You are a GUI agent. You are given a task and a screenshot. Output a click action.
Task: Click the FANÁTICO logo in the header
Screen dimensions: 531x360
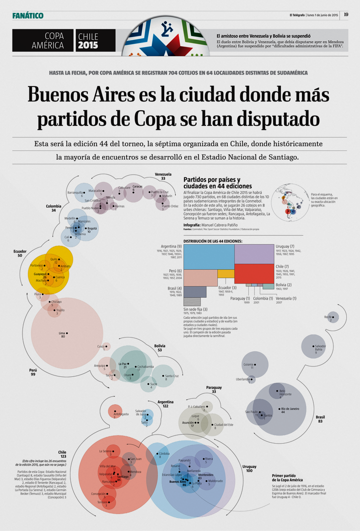pos(28,16)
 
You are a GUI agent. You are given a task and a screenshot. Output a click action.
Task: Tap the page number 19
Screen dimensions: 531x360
pos(346,15)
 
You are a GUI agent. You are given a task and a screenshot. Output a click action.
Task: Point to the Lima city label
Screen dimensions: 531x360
pos(62,333)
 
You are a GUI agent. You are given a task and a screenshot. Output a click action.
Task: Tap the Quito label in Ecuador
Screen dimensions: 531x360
pos(54,259)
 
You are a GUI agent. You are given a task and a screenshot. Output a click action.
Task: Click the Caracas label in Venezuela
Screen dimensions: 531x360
pos(137,187)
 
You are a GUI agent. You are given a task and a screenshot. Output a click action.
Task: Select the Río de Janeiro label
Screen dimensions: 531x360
pos(290,408)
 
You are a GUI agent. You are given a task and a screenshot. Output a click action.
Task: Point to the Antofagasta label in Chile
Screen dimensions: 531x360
pos(121,414)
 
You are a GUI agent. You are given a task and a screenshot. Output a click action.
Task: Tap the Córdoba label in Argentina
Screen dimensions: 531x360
pos(164,453)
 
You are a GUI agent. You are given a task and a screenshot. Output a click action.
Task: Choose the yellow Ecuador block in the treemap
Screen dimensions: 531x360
pos(226,274)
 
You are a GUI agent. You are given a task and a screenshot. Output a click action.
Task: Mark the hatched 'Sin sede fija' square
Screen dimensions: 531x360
pos(192,301)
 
